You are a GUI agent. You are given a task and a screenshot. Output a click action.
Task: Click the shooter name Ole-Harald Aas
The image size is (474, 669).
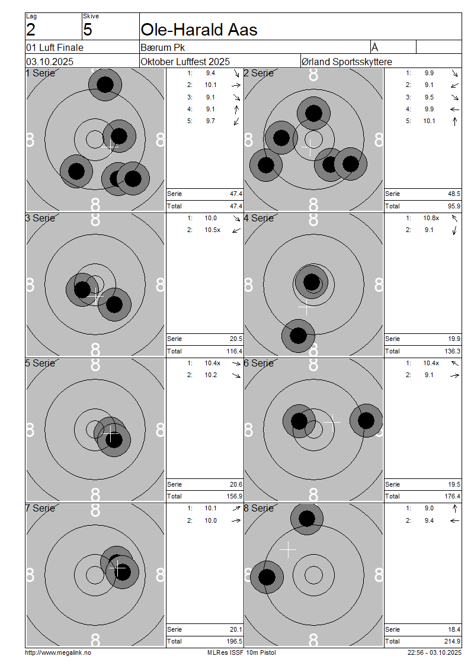tap(199, 30)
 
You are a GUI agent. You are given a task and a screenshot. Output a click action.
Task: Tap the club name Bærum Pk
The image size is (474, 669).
tap(163, 47)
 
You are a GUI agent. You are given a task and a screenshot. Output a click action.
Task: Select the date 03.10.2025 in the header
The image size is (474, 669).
tap(50, 62)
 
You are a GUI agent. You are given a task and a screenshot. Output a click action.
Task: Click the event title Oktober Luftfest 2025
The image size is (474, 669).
tap(185, 62)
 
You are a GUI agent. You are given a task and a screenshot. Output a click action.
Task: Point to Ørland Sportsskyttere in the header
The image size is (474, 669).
tap(347, 62)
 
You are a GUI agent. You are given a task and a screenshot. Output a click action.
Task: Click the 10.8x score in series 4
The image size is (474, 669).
tap(431, 218)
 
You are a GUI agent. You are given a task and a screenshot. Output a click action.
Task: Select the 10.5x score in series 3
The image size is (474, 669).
tap(212, 230)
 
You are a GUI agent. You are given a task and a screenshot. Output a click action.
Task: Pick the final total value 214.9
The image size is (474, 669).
tap(452, 641)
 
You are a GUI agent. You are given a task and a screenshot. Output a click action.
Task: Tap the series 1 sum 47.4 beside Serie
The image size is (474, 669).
tap(236, 194)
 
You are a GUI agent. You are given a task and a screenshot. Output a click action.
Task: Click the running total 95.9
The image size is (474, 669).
tap(454, 206)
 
